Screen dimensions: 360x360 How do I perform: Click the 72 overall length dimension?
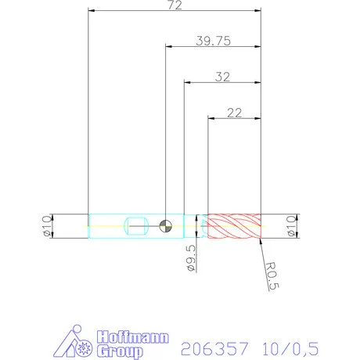point(175,5)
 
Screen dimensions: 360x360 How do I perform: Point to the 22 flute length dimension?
point(233,112)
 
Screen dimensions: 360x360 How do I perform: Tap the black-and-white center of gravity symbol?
point(165,226)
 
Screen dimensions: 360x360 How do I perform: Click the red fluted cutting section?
point(232,226)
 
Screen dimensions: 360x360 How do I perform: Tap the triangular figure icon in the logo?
point(75,341)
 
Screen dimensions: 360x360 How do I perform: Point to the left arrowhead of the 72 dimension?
point(92,11)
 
